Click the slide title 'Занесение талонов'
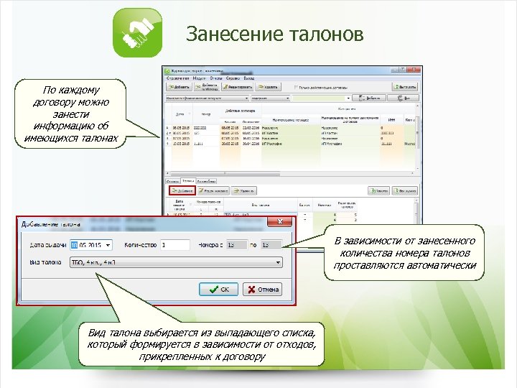tap(274, 34)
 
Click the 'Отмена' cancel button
tap(263, 290)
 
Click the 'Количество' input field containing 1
tap(174, 245)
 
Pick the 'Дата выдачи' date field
tap(92, 245)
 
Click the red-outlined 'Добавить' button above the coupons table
tap(183, 192)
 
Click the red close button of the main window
tap(414, 71)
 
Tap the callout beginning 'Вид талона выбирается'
tap(204, 344)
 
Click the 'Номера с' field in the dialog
tap(234, 245)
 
